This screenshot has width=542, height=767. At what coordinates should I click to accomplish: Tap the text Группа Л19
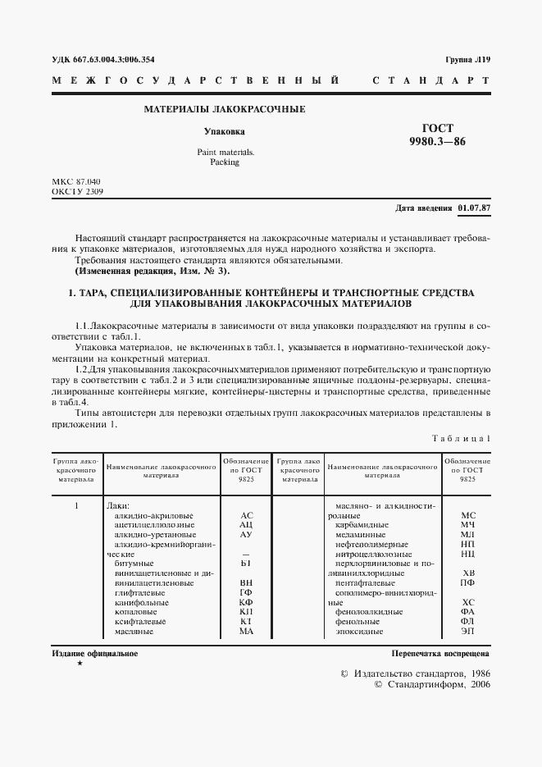tap(467, 60)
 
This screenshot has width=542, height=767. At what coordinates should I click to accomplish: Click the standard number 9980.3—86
tap(437, 143)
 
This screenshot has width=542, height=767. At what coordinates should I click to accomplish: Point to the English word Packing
tap(224, 162)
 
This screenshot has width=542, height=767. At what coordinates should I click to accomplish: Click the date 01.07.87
tap(473, 208)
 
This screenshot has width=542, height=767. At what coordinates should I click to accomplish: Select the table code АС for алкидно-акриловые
tap(246, 514)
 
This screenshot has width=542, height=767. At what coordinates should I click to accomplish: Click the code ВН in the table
tap(246, 583)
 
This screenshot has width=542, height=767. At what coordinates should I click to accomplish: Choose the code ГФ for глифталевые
tap(246, 593)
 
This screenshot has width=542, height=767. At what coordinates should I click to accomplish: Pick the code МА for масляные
tap(246, 632)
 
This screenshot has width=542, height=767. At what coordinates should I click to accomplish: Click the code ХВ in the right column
tap(468, 573)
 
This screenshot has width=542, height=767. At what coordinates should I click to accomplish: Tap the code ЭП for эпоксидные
tap(468, 632)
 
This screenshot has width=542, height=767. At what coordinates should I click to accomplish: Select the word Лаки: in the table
tap(120, 504)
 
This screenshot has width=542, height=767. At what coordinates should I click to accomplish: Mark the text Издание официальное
tap(94, 654)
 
